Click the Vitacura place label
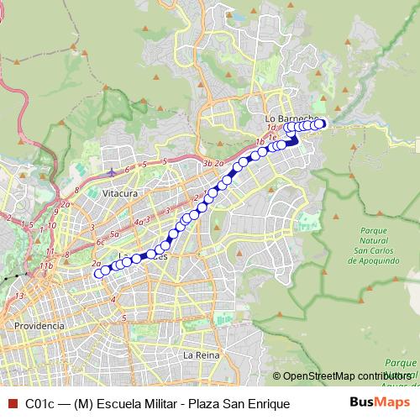(x=119, y=193)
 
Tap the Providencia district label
(x=39, y=324)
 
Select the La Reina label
(x=201, y=355)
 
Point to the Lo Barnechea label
(x=289, y=118)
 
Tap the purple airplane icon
(x=113, y=172)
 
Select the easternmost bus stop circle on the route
(x=321, y=124)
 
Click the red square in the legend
(x=11, y=404)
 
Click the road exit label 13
(x=19, y=297)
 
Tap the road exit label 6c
(x=100, y=243)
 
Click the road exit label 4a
(x=139, y=223)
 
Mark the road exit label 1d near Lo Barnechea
(x=271, y=127)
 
